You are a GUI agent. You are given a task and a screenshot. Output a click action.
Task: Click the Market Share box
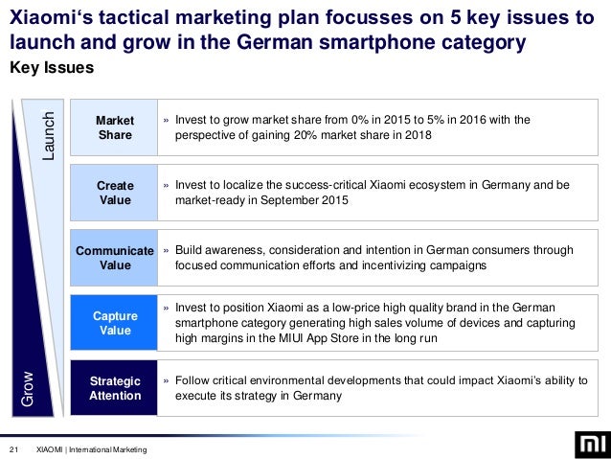(115, 127)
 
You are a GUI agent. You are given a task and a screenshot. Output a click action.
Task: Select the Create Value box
(115, 193)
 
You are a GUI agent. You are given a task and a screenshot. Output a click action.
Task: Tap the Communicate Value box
(115, 258)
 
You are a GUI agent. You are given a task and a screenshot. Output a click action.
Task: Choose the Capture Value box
(115, 323)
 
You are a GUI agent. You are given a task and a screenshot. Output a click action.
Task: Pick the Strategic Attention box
(115, 387)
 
